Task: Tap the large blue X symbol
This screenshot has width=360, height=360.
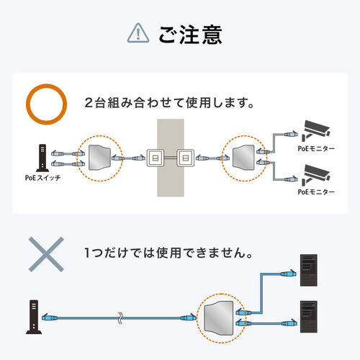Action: pos(44,253)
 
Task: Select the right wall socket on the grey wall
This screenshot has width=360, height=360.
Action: pos(184,156)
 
